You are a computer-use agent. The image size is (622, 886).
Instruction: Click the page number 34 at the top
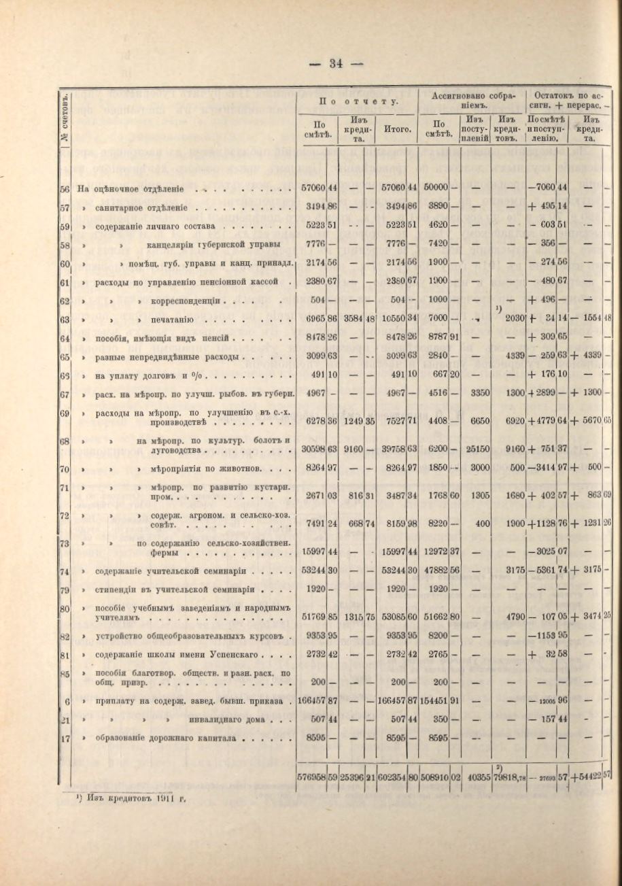[x=336, y=64]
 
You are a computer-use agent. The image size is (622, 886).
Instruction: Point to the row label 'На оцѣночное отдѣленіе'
[x=133, y=188]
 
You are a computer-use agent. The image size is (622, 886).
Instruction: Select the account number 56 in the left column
[x=65, y=188]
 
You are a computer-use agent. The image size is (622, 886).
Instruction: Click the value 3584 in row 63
[x=355, y=318]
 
